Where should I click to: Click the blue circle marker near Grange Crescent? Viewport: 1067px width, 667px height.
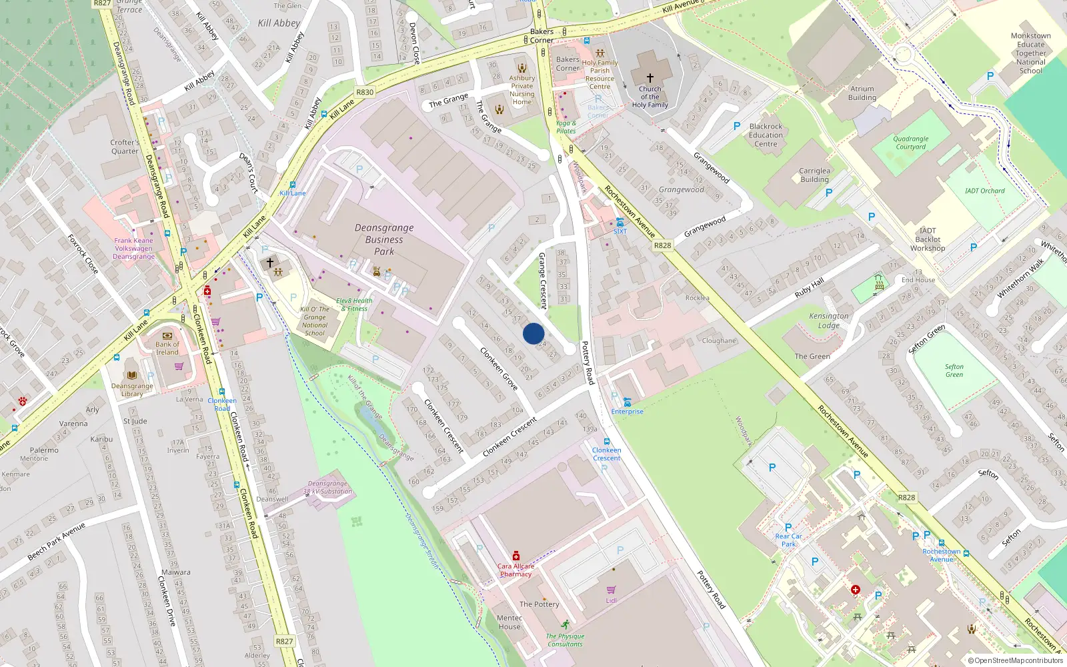[x=533, y=333]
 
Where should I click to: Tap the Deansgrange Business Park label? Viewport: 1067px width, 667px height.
[x=384, y=239]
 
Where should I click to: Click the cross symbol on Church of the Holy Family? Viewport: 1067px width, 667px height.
[x=650, y=78]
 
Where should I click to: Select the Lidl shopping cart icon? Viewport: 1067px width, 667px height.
[x=611, y=590]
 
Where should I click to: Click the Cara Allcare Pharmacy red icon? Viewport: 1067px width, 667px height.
[x=516, y=556]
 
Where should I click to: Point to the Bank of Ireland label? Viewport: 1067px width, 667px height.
[x=167, y=348]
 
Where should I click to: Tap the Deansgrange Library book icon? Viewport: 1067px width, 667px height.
[x=132, y=375]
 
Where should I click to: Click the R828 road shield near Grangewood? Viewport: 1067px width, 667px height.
[x=662, y=245]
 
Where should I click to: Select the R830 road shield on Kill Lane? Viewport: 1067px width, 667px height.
[x=365, y=93]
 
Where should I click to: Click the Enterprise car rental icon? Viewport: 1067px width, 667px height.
[x=627, y=402]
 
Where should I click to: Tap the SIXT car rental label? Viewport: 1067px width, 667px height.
[x=620, y=231]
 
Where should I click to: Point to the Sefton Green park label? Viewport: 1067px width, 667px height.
[x=954, y=371]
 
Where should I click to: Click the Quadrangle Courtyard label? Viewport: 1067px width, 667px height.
[x=911, y=143]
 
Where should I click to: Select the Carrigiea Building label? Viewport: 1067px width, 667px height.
[x=814, y=175]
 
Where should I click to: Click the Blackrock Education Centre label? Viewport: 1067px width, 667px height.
[x=766, y=135]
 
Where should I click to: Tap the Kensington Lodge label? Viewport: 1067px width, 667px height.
[x=829, y=321]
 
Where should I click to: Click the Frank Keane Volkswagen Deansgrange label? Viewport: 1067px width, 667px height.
[x=133, y=248]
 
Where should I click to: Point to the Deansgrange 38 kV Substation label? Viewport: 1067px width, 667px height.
[x=327, y=488]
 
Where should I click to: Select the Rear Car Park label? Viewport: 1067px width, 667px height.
[x=788, y=540]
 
